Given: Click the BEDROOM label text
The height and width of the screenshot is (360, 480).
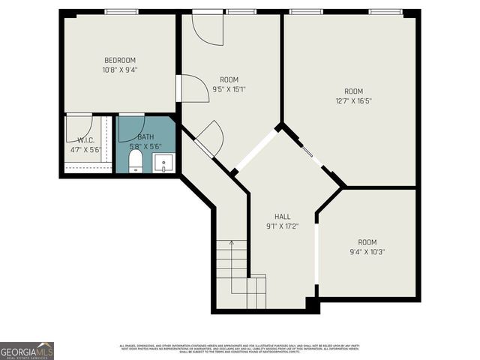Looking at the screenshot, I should coord(119,60).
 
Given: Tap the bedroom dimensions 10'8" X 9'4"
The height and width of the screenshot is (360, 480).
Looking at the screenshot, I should coord(119,70).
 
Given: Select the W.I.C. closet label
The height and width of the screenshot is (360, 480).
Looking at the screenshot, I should coord(84,140).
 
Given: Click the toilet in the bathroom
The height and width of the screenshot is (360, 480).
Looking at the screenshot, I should coord(136,161).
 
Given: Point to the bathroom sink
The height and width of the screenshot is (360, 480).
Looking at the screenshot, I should coord(164,163).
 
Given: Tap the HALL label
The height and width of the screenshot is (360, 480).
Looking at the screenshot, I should coord(282,216).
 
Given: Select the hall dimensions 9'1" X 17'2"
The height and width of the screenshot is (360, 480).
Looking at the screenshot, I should coord(282,226).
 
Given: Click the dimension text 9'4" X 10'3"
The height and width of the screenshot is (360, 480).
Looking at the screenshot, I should coord(367,252).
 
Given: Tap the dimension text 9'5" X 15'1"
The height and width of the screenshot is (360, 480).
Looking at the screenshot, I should coord(229,89).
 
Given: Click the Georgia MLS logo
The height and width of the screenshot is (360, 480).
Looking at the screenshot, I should coord(27,350).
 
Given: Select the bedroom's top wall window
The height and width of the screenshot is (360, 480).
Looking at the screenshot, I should coord(121,12).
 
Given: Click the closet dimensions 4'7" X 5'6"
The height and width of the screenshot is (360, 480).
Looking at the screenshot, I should coord(84,149).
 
